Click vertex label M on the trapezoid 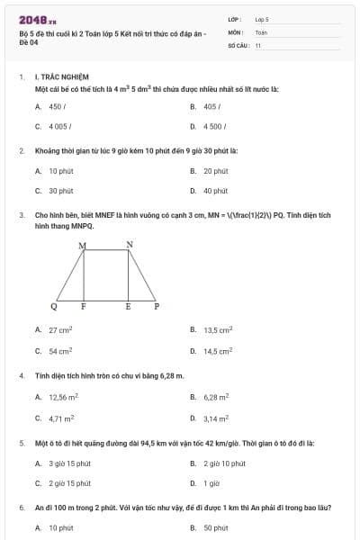pos(83,246)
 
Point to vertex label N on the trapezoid pos(129,245)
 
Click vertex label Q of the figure pos(54,307)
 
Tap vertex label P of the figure pos(156,307)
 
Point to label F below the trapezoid pos(84,307)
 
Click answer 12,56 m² pos(63,397)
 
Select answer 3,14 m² pos(216,418)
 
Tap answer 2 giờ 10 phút pos(224,463)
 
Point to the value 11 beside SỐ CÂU pos(258,44)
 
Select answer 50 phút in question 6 pos(215,528)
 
